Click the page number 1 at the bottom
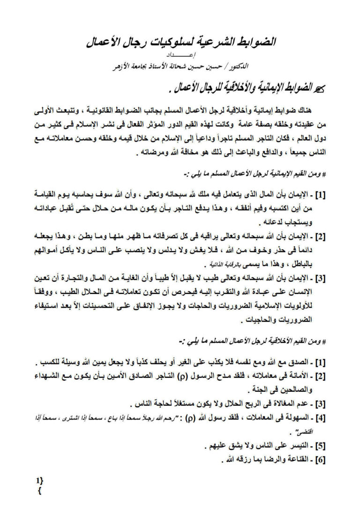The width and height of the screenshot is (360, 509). pyautogui.click(x=37, y=480)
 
